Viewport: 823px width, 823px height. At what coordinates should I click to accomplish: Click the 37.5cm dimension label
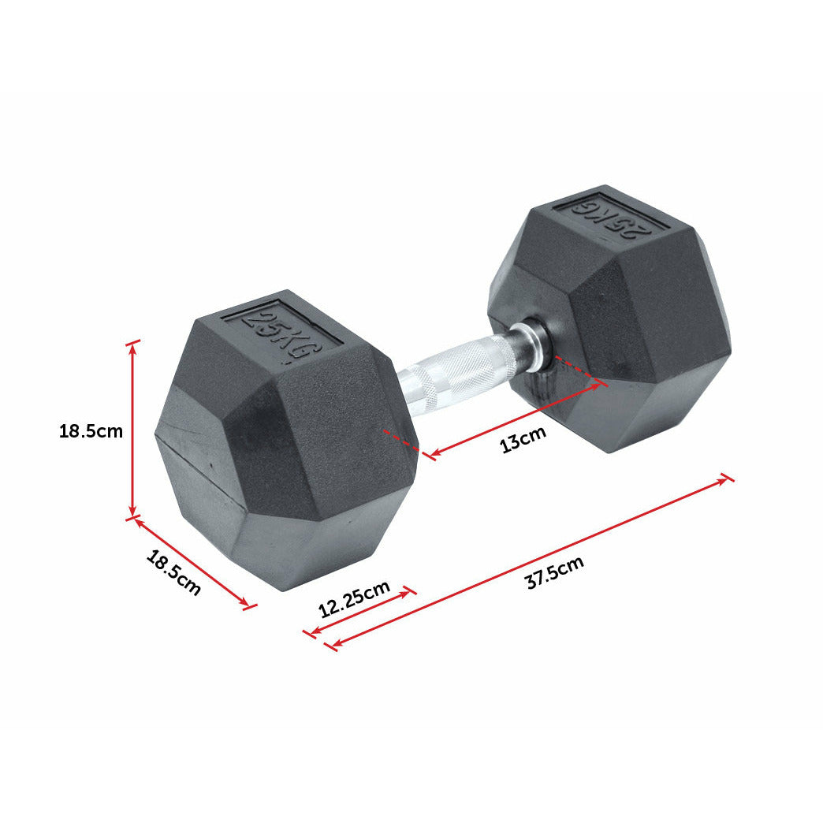(555, 573)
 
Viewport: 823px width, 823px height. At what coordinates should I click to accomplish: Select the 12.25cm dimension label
(354, 599)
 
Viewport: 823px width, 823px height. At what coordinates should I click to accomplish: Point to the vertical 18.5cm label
(91, 431)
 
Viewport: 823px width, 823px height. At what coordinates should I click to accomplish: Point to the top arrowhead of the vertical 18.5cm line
(133, 344)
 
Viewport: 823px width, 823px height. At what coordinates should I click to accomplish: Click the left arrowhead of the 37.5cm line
(332, 646)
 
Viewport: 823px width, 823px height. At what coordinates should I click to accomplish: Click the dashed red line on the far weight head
(579, 371)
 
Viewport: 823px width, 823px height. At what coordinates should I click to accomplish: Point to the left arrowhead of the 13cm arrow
(430, 455)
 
